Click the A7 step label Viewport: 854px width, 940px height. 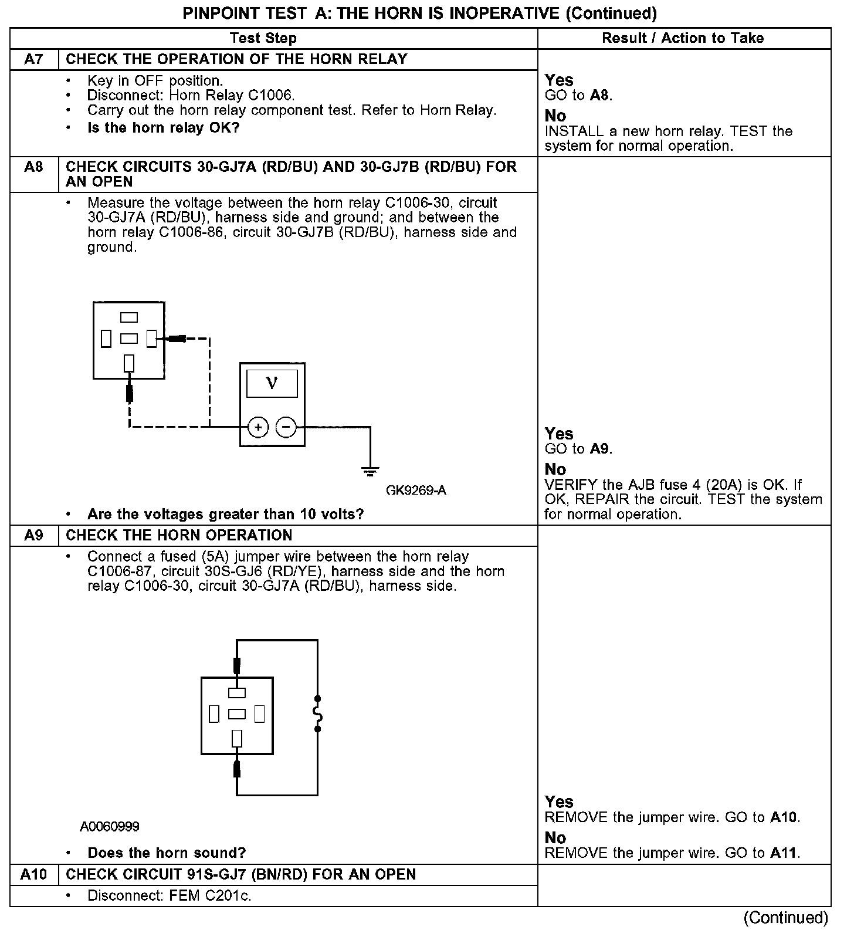point(34,59)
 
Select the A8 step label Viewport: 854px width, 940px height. point(34,167)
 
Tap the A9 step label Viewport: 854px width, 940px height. point(34,536)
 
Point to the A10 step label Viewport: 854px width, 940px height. point(33,874)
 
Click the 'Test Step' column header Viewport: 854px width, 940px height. point(263,38)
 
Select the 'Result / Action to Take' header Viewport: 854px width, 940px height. point(683,38)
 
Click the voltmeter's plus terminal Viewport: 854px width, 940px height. point(258,427)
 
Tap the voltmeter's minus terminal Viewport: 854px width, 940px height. point(286,427)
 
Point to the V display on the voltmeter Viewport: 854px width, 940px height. point(272,384)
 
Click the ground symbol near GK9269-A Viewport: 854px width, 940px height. point(370,470)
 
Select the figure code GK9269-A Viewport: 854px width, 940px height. point(416,491)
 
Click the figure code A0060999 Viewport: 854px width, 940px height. point(110,827)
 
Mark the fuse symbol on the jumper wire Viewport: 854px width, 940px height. point(318,714)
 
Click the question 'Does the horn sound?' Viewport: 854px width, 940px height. point(167,853)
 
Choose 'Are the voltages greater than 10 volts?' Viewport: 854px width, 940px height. point(225,515)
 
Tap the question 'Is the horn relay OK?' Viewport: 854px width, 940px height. point(163,128)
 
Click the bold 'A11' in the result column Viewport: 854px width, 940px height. point(785,853)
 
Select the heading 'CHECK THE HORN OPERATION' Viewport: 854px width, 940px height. point(179,536)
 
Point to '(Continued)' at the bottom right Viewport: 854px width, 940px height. point(786,918)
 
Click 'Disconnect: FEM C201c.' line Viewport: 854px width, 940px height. point(169,896)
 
